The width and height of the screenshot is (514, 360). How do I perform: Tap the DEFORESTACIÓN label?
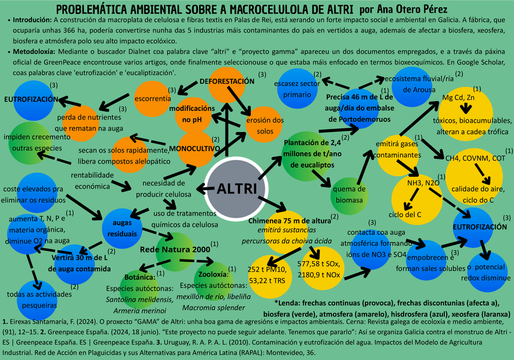point(227,81)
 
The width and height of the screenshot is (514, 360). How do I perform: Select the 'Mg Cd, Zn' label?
point(458,98)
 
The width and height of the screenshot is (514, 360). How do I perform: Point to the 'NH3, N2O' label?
point(423,182)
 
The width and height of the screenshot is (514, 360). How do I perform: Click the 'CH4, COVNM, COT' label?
point(475,158)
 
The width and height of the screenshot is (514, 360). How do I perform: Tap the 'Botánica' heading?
point(140,276)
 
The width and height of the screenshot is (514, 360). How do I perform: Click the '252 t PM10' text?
point(267,268)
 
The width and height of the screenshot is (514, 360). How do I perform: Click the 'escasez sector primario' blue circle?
point(297,88)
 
